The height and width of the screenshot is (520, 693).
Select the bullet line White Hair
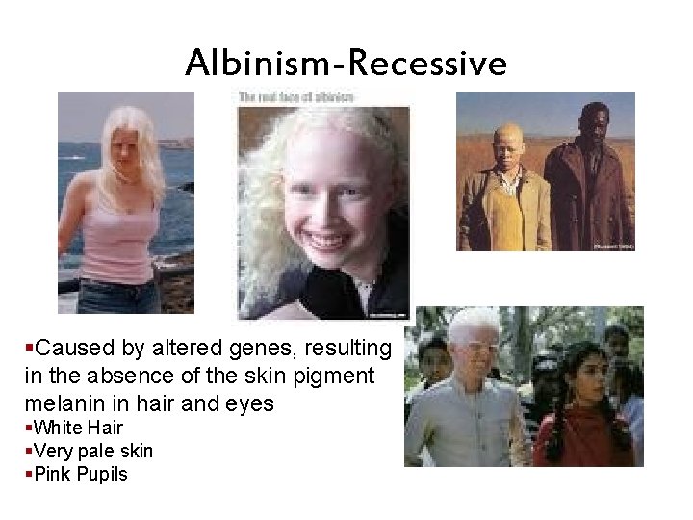(77, 427)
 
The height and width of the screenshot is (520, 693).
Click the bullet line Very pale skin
(92, 451)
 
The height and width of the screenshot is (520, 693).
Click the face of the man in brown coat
(595, 124)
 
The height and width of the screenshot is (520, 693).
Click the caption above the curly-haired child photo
(296, 97)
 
